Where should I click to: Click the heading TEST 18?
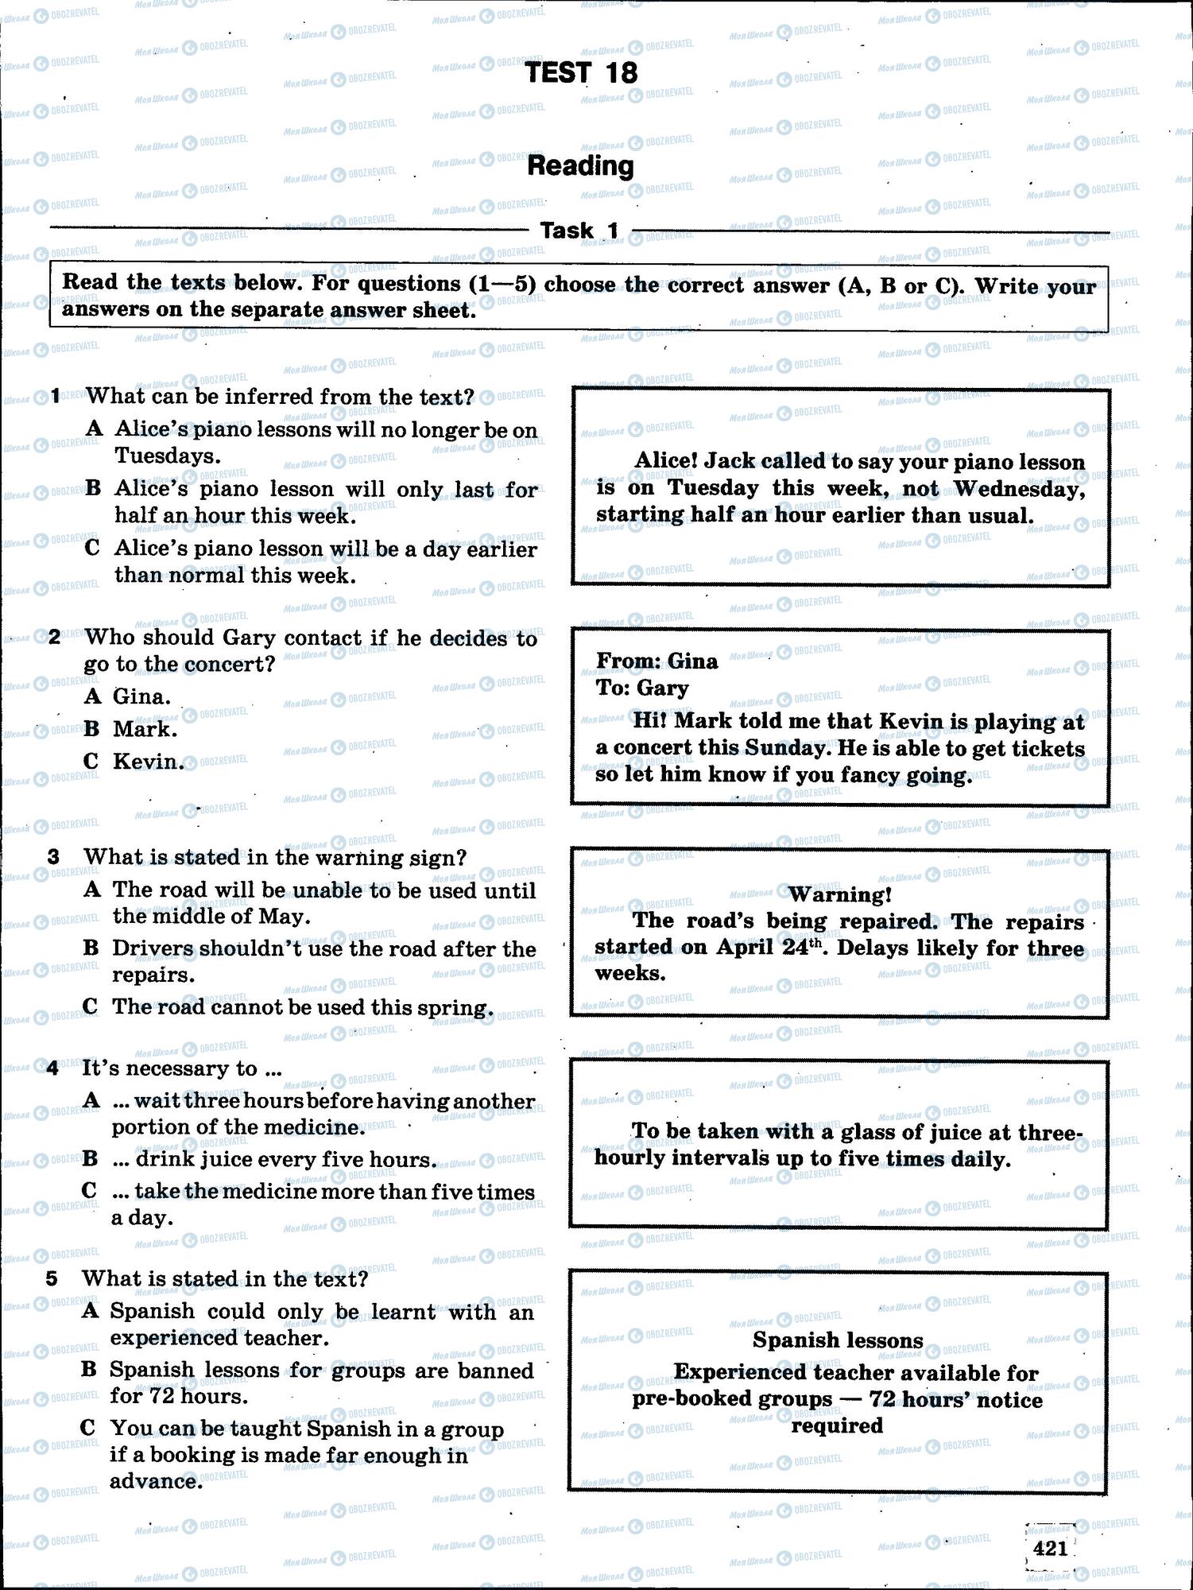581,73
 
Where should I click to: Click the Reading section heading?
581,165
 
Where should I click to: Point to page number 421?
1050,1548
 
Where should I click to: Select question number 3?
53,857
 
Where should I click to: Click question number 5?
52,1278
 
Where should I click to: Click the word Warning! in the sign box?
839,894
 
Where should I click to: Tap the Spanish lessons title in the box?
838,1340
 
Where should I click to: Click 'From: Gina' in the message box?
657,661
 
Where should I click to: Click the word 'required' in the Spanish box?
837,1425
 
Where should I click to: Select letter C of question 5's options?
88,1428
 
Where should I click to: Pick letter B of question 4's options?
91,1159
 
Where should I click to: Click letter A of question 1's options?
95,429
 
